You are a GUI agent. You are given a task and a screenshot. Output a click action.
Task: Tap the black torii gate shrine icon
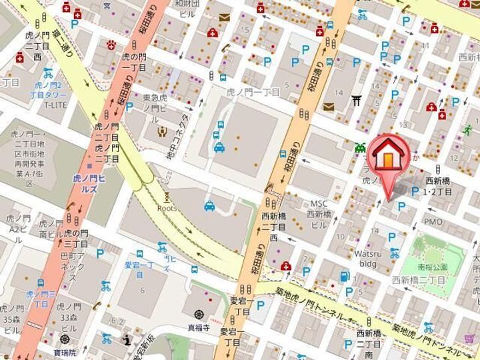pos(357,99)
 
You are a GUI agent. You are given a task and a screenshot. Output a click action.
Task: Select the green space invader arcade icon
pos(361,147)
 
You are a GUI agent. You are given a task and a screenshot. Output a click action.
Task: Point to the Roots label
pos(167,207)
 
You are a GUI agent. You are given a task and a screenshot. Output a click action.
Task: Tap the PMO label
pos(433,221)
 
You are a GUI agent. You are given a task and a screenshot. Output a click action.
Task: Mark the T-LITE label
pos(56,105)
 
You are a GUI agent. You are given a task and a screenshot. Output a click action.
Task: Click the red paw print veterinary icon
pos(111,45)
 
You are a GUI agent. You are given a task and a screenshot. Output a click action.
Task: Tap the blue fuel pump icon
pos(345,275)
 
